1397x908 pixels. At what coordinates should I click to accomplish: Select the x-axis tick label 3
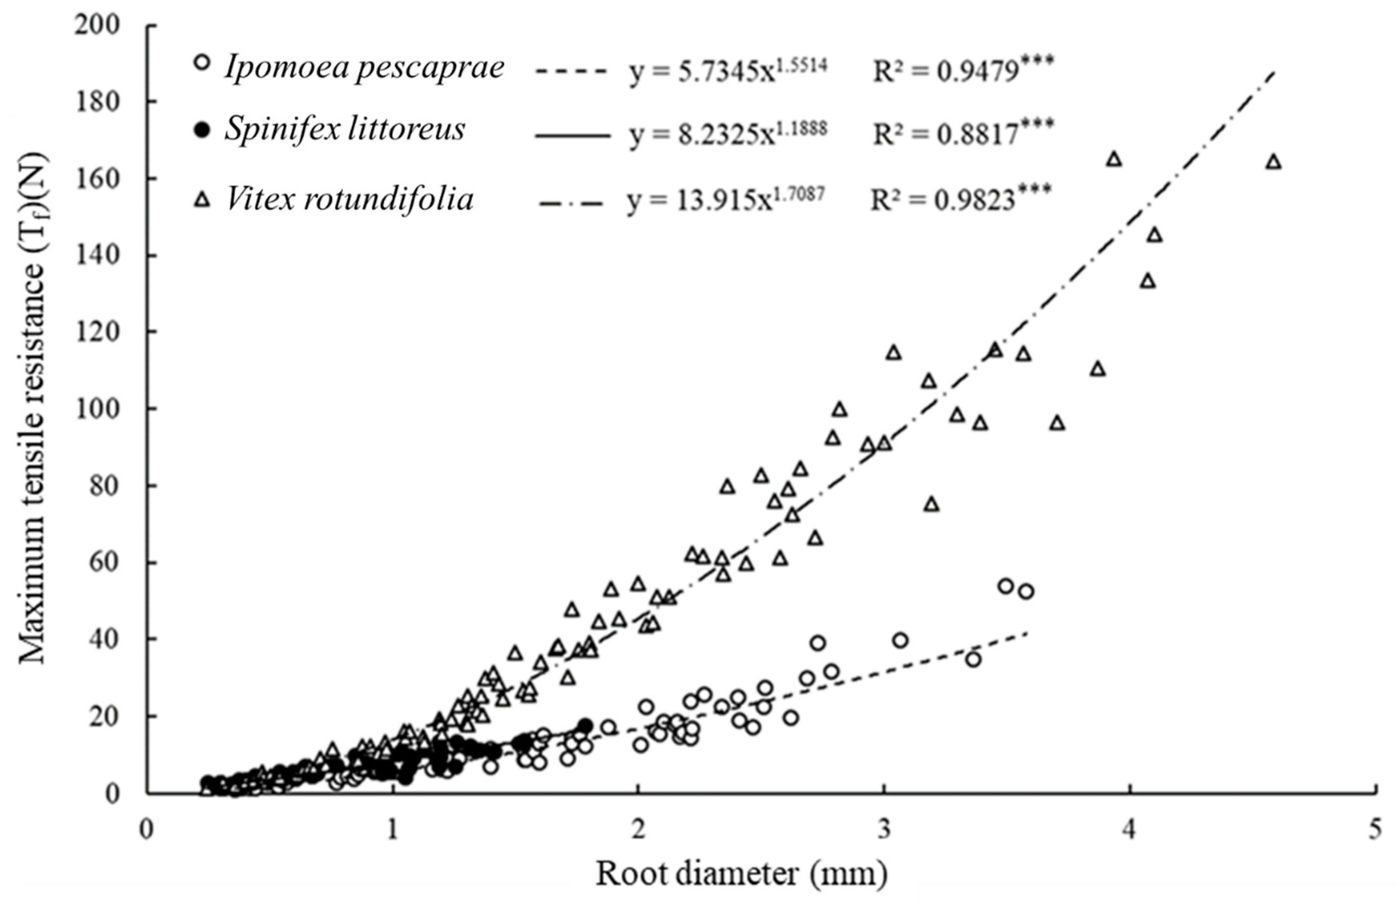click(883, 831)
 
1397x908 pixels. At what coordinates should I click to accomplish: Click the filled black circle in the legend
click(202, 129)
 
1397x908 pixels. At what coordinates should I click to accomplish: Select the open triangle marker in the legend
click(202, 201)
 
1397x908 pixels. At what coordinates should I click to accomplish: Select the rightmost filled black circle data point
click(585, 725)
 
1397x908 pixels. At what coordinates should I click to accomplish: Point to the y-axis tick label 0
click(111, 793)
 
